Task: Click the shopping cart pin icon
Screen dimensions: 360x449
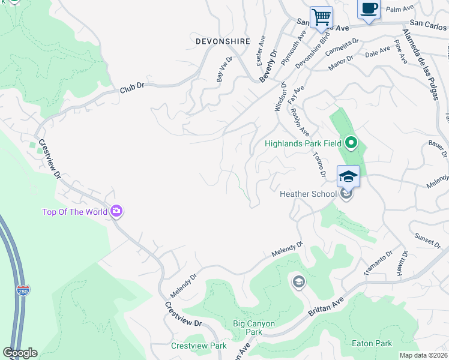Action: click(321, 17)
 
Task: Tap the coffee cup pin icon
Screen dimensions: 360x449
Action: click(369, 9)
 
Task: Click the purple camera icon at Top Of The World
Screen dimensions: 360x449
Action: click(116, 211)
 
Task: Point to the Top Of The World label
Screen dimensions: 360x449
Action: click(74, 212)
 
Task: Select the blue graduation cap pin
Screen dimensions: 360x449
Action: click(348, 176)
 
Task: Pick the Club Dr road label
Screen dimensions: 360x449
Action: click(133, 87)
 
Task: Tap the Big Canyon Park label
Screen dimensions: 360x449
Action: click(254, 328)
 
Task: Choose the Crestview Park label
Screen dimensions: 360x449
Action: click(199, 346)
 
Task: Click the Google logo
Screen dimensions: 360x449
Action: click(20, 353)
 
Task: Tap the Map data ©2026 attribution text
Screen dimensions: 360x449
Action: click(423, 355)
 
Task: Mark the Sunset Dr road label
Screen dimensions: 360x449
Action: click(427, 241)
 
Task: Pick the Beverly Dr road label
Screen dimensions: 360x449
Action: click(269, 65)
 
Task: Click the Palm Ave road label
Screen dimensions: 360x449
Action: click(401, 9)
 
